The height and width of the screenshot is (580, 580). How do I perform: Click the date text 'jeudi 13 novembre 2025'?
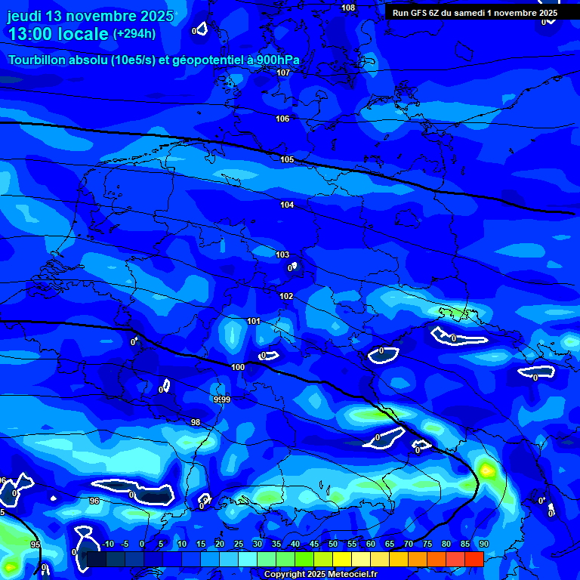pyautogui.click(x=90, y=16)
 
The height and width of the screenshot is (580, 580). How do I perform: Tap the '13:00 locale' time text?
pyautogui.click(x=58, y=34)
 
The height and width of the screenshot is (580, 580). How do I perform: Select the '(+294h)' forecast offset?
pyautogui.click(x=134, y=34)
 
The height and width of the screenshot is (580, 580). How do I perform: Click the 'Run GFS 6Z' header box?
pyautogui.click(x=475, y=13)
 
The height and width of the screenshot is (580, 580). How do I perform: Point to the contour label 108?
pyautogui.click(x=348, y=8)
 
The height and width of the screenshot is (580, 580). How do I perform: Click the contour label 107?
pyautogui.click(x=283, y=72)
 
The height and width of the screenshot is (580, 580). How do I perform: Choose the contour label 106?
pyautogui.click(x=282, y=119)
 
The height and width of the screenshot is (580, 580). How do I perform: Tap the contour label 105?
pyautogui.click(x=287, y=159)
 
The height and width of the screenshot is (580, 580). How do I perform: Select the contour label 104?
pyautogui.click(x=287, y=205)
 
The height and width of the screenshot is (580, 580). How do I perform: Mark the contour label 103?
pyautogui.click(x=282, y=255)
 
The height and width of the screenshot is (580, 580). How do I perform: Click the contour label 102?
pyautogui.click(x=286, y=296)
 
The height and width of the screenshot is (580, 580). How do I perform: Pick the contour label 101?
pyautogui.click(x=254, y=321)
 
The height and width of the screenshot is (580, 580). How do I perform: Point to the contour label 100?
pyautogui.click(x=238, y=367)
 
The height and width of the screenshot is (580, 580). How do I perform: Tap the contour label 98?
pyautogui.click(x=196, y=422)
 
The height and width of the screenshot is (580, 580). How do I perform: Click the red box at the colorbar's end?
pyautogui.click(x=474, y=559)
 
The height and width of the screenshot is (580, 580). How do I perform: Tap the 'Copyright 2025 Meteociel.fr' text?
pyautogui.click(x=320, y=574)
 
